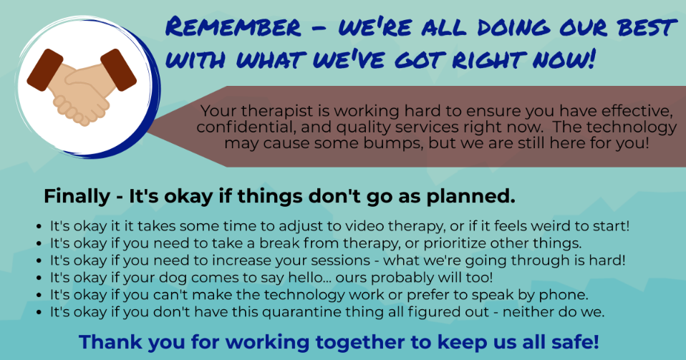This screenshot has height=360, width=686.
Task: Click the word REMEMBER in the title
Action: point(233,27)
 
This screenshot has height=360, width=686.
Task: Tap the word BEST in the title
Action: point(647,28)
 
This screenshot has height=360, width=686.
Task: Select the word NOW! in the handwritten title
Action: point(564,59)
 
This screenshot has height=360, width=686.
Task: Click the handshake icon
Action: point(82,87)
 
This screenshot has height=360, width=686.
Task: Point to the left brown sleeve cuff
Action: point(45,70)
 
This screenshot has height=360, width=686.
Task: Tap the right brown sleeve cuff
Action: point(119,70)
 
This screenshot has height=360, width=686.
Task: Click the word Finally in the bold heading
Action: point(77,196)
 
